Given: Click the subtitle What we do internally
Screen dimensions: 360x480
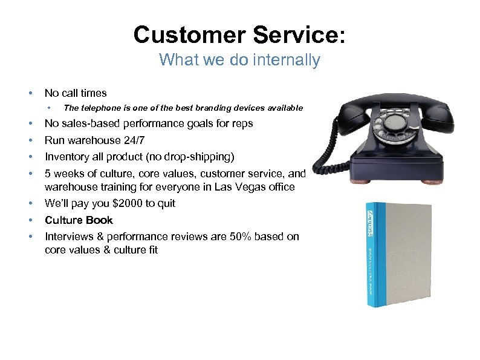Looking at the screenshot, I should pos(239,60).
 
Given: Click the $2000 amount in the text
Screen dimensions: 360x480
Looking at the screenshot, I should pos(128,203).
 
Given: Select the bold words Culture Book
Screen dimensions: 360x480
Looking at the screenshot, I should pos(79,220).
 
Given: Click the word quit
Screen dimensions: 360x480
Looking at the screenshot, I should pos(165,203).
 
